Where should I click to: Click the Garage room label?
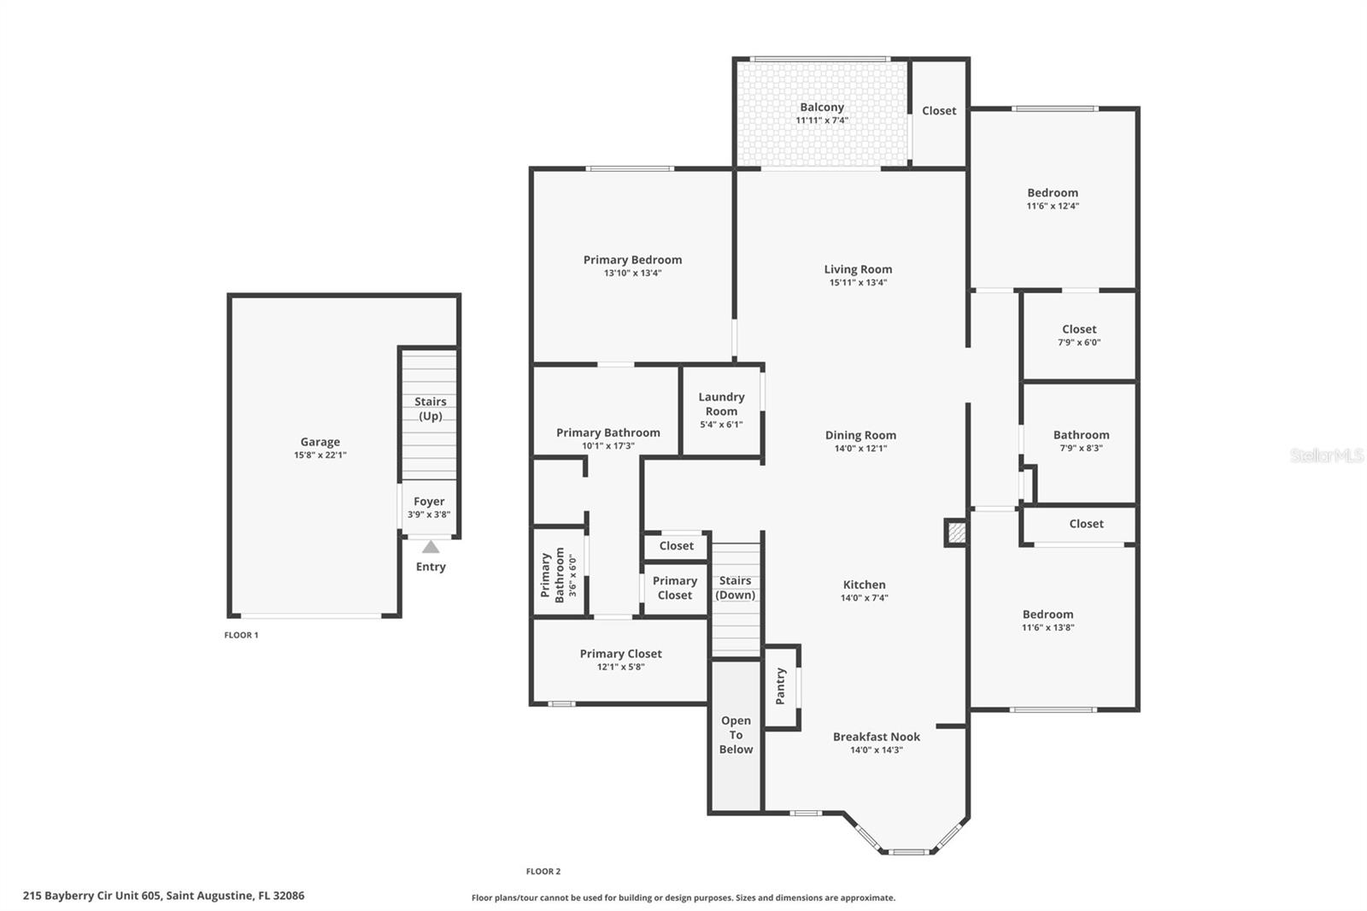point(320,442)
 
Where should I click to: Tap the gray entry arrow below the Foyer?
point(431,547)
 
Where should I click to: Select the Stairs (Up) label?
point(430,408)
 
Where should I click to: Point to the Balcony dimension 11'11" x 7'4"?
point(821,120)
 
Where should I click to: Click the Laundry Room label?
point(721,403)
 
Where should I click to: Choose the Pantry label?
point(780,686)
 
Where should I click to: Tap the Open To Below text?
point(736,735)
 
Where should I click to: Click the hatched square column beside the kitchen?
point(955,533)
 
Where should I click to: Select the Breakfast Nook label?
point(876,737)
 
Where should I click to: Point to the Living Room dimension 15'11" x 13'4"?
point(858,283)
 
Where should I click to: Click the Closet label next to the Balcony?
point(939,111)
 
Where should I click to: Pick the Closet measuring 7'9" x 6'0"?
point(1079,329)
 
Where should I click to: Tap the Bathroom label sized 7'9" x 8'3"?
point(1081,435)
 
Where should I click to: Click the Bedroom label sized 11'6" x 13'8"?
point(1047,614)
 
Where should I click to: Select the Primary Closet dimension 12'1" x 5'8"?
point(620,667)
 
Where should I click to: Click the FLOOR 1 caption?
point(241,635)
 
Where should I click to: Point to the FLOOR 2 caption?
point(543,872)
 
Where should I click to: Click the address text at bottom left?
point(163,896)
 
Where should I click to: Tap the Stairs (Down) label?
point(735,588)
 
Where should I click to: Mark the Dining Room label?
point(860,435)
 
